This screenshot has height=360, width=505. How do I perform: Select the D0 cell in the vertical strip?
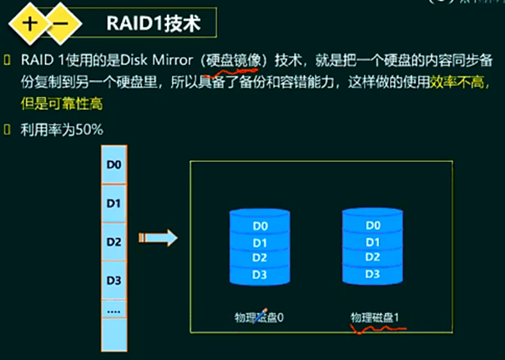(x=115, y=165)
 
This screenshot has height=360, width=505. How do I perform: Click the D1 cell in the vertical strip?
(x=115, y=203)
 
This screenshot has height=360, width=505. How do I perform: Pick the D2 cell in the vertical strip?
(x=115, y=241)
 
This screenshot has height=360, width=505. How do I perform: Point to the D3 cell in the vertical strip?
(x=115, y=280)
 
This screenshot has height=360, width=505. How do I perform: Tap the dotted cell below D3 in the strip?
(x=115, y=310)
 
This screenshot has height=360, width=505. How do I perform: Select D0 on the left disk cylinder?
(x=260, y=226)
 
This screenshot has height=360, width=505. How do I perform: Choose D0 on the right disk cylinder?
(x=373, y=226)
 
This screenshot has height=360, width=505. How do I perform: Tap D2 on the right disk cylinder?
(x=373, y=258)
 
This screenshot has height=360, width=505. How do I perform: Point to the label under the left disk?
(x=260, y=317)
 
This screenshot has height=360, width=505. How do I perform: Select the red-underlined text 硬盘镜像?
(x=235, y=62)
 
